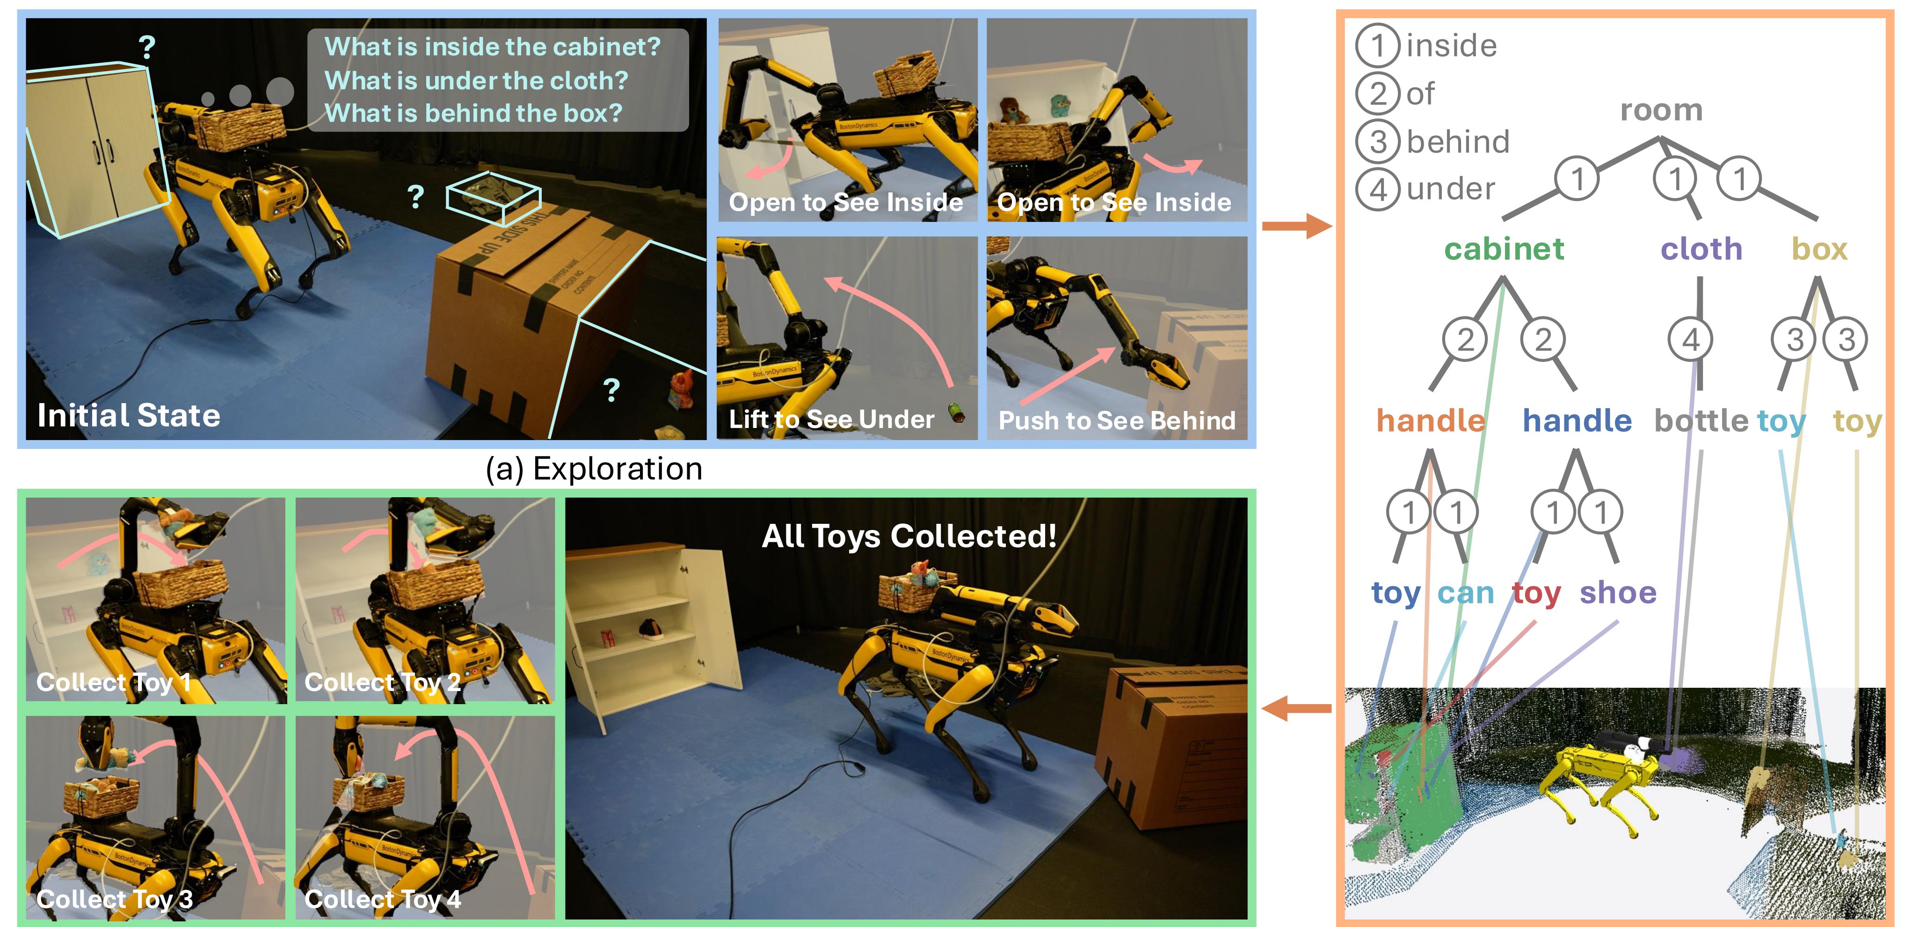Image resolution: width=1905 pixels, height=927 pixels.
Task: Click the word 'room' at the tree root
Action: pos(1661,110)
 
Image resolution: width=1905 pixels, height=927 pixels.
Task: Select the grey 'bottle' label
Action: pos(1701,420)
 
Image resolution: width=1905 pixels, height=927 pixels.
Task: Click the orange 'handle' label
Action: pos(1430,420)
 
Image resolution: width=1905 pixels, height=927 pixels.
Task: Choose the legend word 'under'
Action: pos(1450,189)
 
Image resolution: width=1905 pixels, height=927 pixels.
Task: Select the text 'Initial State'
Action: pos(129,415)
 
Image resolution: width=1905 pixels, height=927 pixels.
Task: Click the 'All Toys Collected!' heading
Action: pos(909,536)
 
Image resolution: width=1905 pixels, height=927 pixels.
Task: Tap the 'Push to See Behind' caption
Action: pos(1117,420)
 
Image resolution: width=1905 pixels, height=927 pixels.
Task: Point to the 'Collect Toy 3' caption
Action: pos(115,899)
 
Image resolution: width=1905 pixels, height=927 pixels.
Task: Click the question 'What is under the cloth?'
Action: pos(476,80)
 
